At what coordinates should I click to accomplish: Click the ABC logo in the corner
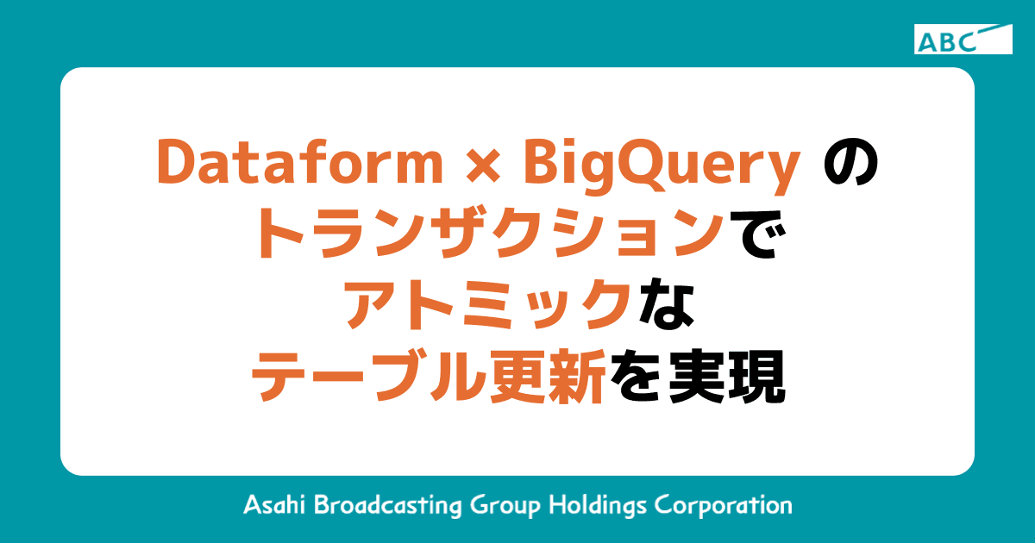coord(963,39)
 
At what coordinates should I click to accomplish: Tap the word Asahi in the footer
coord(273,504)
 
